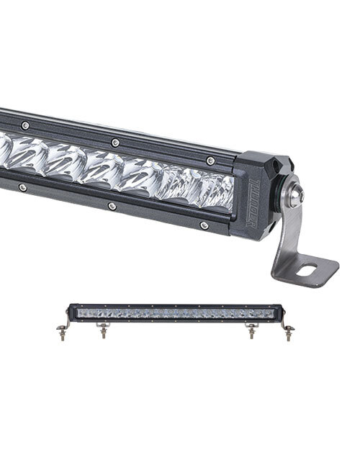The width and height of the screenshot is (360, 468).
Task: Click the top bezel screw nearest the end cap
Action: coord(210,161)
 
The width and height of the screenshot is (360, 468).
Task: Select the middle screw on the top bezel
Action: coord(113,141)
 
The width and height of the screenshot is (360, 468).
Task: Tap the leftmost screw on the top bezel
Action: coord(24,125)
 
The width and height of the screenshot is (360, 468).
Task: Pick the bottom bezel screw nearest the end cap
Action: coord(204,225)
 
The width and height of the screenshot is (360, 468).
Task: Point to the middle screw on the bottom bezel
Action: coord(112,206)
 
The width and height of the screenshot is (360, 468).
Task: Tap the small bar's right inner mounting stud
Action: coord(251,331)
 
